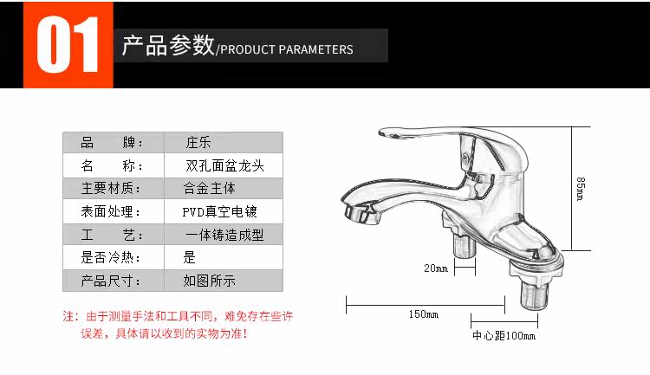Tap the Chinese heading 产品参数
pos(167,46)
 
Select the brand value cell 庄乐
pos(198,143)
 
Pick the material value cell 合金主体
pos(210,188)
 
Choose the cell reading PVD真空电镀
pos(219,211)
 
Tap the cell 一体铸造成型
pos(224,235)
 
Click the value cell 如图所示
pos(209,281)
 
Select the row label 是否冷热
pos(109,257)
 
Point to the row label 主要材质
pos(109,188)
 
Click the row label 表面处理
pos(109,211)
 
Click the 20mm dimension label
pos(435,268)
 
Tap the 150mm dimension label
pos(424,314)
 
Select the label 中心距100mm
pos(504,336)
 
